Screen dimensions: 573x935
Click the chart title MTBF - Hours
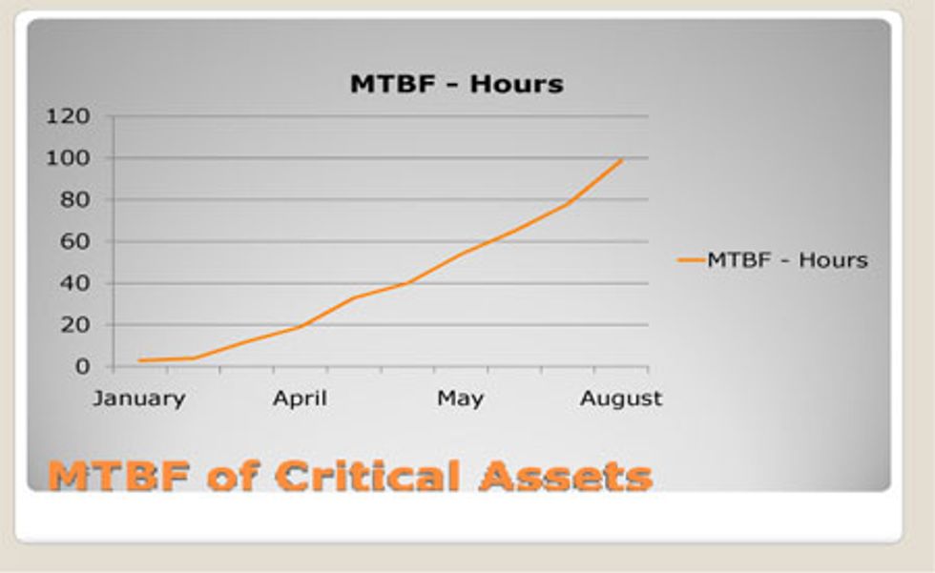pos(456,84)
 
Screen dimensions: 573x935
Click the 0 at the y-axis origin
pos(84,366)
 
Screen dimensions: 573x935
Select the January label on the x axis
pos(139,399)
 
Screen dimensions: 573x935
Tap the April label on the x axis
pos(300,399)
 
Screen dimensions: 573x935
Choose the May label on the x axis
pos(460,399)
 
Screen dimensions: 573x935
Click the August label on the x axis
pos(620,399)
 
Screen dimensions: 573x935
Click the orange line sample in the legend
pos(690,260)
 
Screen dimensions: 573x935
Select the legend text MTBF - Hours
pos(787,260)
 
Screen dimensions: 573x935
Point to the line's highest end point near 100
pos(622,159)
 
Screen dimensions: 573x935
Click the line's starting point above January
pos(140,360)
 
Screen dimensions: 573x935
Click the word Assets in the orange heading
pos(566,476)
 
